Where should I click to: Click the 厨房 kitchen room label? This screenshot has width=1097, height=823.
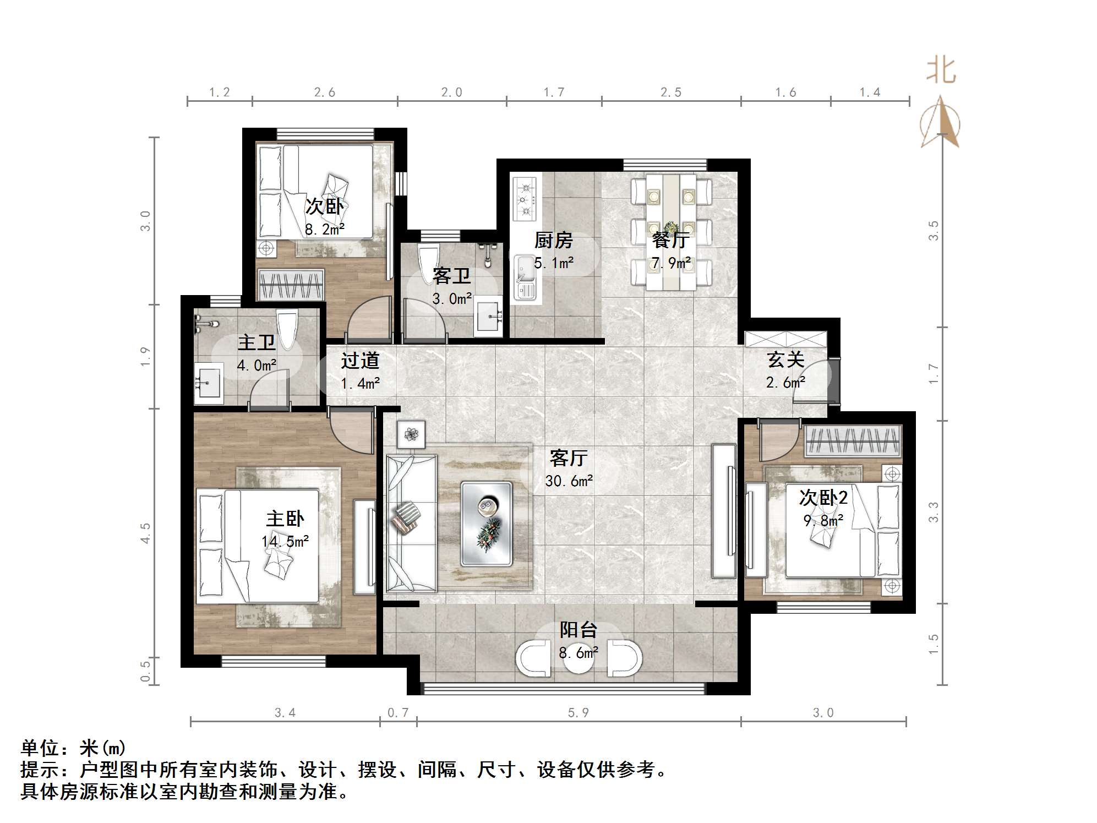pos(553,241)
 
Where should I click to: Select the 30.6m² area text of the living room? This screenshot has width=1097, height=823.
pos(569,481)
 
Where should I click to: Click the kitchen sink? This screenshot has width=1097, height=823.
pos(525,278)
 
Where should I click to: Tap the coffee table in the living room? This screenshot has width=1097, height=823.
pos(487,524)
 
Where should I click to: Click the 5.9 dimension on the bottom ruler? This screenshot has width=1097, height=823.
pos(578,713)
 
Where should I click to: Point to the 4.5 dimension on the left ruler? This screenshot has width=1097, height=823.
pos(145,533)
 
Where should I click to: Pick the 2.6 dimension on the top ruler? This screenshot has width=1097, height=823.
pos(325,92)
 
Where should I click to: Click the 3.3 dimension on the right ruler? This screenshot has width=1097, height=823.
pos(934,512)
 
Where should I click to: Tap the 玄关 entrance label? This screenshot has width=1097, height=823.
pos(785,360)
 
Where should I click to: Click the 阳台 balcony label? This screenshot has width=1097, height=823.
pos(578,630)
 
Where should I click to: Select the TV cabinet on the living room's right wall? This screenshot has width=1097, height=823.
pos(724,510)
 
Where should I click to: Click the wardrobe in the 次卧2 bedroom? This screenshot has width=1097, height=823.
pos(853,440)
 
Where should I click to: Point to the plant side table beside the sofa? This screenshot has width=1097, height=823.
pos(411,434)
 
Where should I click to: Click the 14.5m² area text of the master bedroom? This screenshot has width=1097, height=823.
pos(285,542)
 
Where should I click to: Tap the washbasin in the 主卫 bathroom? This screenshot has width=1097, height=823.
pos(209,380)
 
